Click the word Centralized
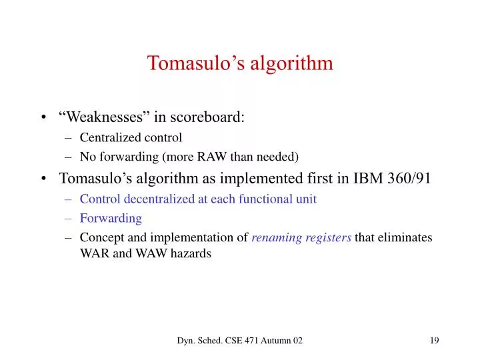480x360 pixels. click(x=109, y=138)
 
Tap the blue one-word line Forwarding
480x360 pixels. click(x=111, y=218)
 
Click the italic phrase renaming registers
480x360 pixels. click(x=301, y=238)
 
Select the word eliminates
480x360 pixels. click(x=408, y=238)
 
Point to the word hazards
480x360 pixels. click(x=190, y=253)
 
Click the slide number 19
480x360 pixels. click(x=434, y=341)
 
